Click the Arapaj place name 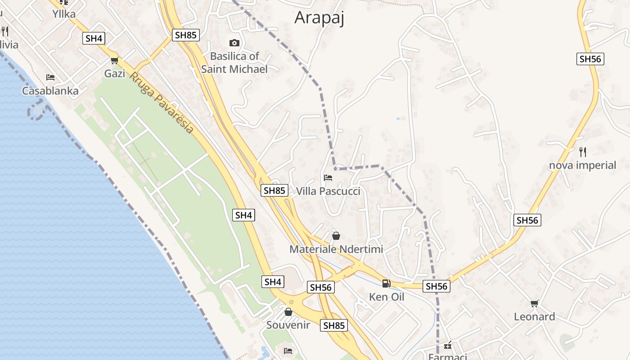pyautogui.click(x=319, y=18)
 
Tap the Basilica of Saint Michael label pyautogui.click(x=234, y=63)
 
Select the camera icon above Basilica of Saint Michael pyautogui.click(x=234, y=43)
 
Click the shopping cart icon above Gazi pyautogui.click(x=114, y=60)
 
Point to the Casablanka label pyautogui.click(x=50, y=91)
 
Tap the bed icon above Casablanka pyautogui.click(x=50, y=77)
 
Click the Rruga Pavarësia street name pyautogui.click(x=162, y=103)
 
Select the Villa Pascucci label pyautogui.click(x=328, y=191)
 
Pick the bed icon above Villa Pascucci pyautogui.click(x=328, y=178)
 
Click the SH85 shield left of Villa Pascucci pyautogui.click(x=274, y=190)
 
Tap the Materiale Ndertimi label pyautogui.click(x=336, y=249)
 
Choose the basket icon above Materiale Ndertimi pyautogui.click(x=336, y=235)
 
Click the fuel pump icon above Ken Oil pyautogui.click(x=386, y=283)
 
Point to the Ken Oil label pyautogui.click(x=387, y=297)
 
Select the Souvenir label pyautogui.click(x=288, y=325)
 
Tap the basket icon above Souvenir pyautogui.click(x=288, y=311)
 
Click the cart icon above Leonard pyautogui.click(x=535, y=303)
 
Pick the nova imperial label pyautogui.click(x=582, y=165)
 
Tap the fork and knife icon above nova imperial pyautogui.click(x=583, y=152)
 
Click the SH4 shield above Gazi pyautogui.click(x=94, y=38)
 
